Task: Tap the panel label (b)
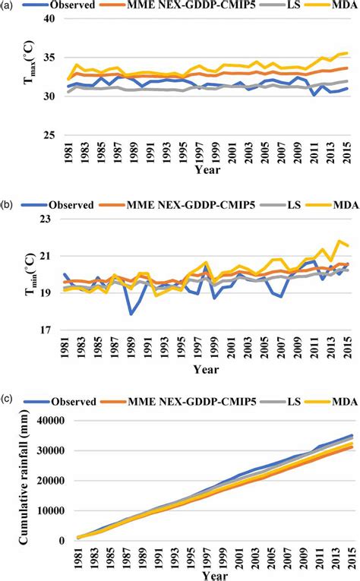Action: click(x=8, y=203)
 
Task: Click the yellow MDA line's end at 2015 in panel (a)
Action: click(x=348, y=53)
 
